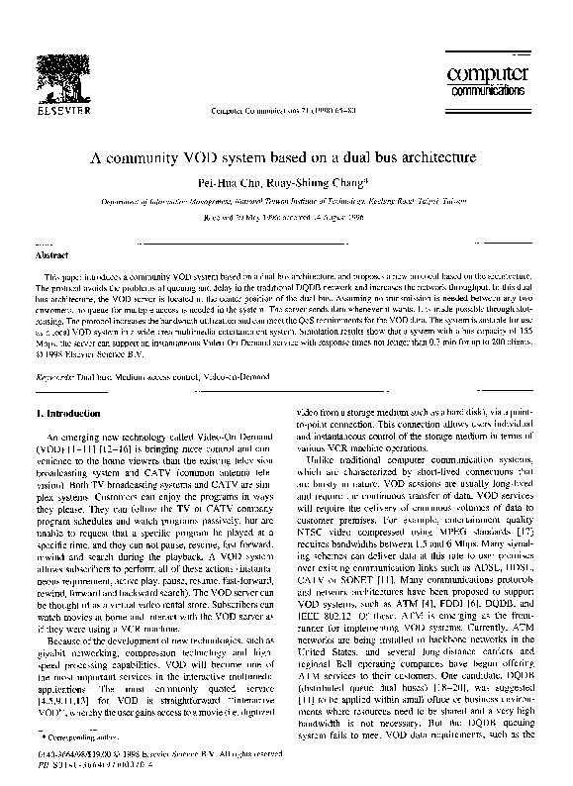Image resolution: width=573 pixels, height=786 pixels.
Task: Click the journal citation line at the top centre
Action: click(x=284, y=110)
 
